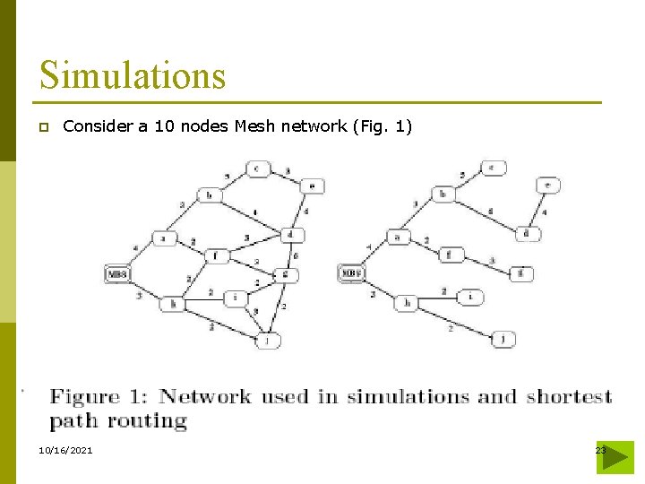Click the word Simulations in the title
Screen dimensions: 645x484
(x=133, y=75)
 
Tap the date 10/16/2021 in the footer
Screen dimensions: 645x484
(x=66, y=450)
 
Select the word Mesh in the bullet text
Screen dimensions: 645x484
(x=254, y=126)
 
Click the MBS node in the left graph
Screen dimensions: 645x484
(x=118, y=273)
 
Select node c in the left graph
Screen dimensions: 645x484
(x=258, y=169)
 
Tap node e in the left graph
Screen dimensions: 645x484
(x=312, y=186)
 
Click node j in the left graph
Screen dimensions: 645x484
(x=266, y=340)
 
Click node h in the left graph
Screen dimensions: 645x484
(x=171, y=304)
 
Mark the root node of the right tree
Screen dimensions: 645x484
(x=350, y=273)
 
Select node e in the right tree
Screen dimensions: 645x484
(x=548, y=186)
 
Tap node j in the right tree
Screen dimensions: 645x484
(x=503, y=339)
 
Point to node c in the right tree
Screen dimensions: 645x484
(x=493, y=168)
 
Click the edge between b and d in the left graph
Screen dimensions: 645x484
(x=253, y=213)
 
